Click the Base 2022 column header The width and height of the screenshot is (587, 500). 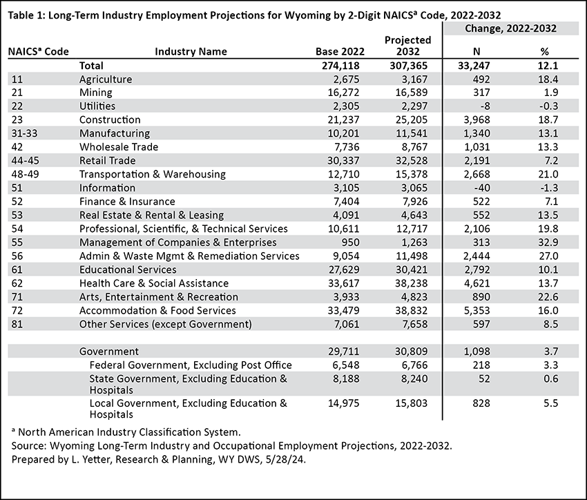(340, 52)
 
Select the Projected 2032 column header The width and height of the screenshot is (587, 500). (408, 46)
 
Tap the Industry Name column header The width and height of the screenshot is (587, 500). (191, 52)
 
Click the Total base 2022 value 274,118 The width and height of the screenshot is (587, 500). (340, 66)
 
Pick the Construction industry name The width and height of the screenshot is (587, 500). (110, 119)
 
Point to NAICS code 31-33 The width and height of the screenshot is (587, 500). (24, 133)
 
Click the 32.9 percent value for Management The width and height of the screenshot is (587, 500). (548, 242)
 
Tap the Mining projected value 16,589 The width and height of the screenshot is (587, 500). (412, 93)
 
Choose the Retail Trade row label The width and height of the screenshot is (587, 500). (108, 160)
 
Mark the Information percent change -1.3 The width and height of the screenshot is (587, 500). (549, 188)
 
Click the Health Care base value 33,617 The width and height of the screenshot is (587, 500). (344, 283)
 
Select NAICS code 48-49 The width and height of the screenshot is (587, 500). (25, 175)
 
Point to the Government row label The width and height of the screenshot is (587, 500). (109, 352)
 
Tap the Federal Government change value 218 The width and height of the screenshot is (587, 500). (481, 365)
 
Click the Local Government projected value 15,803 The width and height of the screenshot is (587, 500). (412, 403)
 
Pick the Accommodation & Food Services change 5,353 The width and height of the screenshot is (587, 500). (477, 311)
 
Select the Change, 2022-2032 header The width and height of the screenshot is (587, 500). (510, 28)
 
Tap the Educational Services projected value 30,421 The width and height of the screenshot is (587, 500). (412, 270)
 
